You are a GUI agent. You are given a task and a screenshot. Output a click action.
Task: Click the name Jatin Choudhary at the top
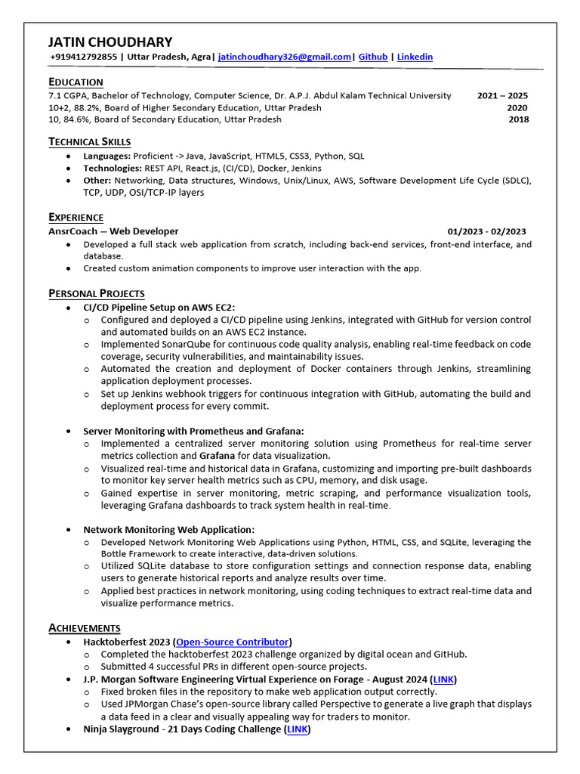110,42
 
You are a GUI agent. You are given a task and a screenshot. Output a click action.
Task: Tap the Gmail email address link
285,57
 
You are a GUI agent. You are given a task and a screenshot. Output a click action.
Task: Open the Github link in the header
373,57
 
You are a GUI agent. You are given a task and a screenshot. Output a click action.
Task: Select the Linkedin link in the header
415,57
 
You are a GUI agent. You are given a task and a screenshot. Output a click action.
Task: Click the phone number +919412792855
84,57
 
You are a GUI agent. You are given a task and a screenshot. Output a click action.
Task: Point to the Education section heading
76,82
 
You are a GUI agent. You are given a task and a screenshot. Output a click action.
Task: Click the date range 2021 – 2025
502,96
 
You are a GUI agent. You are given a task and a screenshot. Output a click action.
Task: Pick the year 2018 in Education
518,119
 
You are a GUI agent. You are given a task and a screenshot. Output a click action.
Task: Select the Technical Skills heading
89,141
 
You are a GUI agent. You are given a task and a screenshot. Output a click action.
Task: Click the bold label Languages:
106,156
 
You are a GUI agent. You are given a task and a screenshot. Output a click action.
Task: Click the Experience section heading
76,217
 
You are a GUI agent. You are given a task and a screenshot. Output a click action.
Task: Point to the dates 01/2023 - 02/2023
486,231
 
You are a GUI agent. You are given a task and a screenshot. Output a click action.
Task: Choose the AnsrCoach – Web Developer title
113,231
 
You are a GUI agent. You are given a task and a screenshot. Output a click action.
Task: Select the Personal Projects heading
97,293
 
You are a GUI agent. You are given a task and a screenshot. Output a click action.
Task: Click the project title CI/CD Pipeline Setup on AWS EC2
159,307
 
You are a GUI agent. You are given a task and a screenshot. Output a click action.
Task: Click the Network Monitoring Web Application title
168,529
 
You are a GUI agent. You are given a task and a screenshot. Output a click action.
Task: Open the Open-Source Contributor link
233,642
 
